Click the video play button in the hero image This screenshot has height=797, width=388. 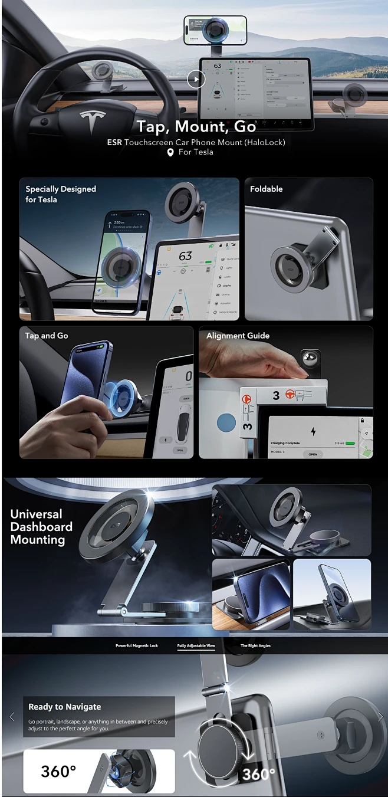(x=196, y=78)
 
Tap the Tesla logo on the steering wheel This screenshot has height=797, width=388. (x=93, y=116)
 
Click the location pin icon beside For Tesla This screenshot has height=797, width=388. (x=170, y=152)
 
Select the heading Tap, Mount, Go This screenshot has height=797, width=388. (x=196, y=126)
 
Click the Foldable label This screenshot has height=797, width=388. (x=266, y=189)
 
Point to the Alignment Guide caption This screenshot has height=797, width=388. (x=238, y=336)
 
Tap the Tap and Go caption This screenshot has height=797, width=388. (x=47, y=336)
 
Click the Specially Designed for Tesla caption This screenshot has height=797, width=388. (x=60, y=194)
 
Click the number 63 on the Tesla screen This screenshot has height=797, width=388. (x=185, y=256)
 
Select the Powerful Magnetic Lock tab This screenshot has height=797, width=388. (x=137, y=646)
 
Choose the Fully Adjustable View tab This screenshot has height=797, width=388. (x=196, y=646)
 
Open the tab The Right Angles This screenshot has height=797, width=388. (x=255, y=646)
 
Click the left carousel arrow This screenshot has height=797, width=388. (x=12, y=717)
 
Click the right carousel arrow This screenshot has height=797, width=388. (x=380, y=717)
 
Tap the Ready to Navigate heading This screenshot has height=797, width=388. (x=65, y=707)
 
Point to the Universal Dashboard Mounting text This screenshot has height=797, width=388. (x=41, y=527)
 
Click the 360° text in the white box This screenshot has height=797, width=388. (x=58, y=771)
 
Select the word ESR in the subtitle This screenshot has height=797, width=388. (x=114, y=142)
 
